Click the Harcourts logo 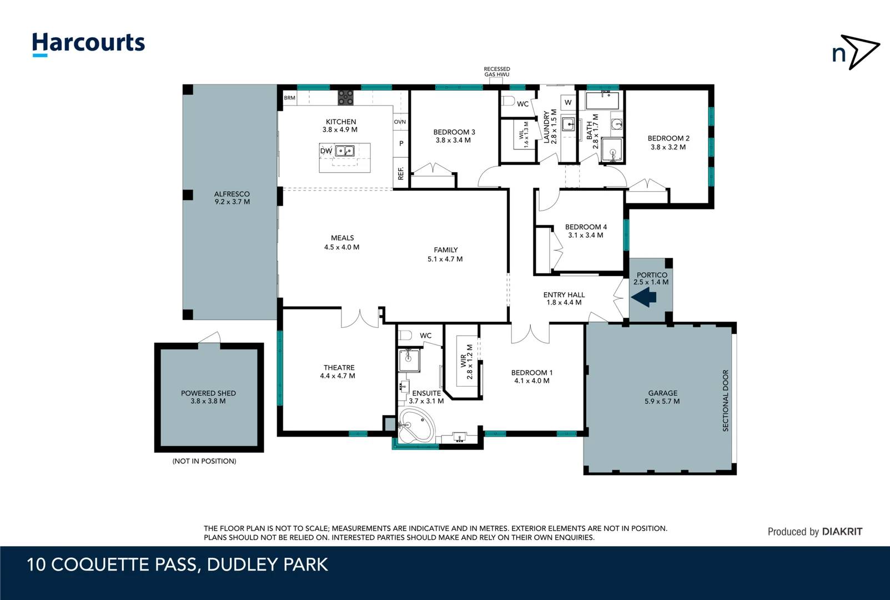pos(88,43)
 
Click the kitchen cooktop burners pos(345,98)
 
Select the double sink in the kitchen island pos(345,151)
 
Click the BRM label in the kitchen pos(289,98)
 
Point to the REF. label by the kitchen pos(401,173)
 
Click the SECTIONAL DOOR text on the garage pos(725,401)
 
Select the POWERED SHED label pos(208,393)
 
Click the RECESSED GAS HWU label pos(496,72)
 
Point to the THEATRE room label pos(339,368)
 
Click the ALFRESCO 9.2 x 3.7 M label pos(232,198)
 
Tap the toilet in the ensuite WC pos(405,335)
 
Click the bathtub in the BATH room pos(602,101)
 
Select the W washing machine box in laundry pos(567,102)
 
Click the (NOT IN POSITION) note pos(204,461)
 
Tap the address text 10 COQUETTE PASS pos(112,565)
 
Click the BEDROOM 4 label pos(585,227)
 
